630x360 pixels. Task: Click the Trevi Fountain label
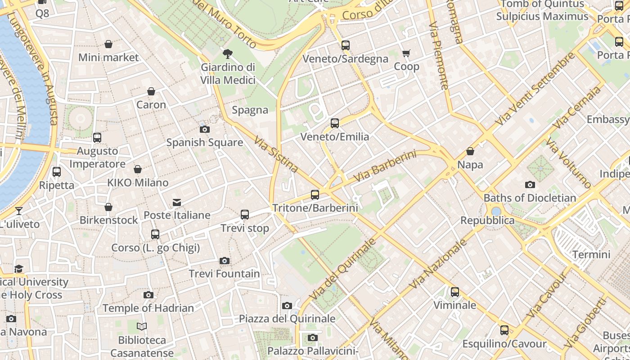pos(224,274)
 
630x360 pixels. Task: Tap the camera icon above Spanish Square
pos(204,130)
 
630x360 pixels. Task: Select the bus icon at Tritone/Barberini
pos(315,195)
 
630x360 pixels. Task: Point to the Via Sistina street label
pos(276,155)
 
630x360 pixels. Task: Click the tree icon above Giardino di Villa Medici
pos(228,54)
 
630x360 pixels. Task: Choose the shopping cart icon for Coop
pos(406,54)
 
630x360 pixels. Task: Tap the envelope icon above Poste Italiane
pos(177,202)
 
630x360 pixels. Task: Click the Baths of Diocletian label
pos(530,198)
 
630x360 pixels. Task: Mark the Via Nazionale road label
pos(439,264)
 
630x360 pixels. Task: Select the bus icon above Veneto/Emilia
pos(334,123)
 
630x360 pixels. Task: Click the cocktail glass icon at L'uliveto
pos(18,211)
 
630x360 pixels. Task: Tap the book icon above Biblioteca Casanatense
pos(142,327)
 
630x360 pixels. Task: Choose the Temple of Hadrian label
pos(148,308)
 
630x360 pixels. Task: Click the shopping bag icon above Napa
pos(470,151)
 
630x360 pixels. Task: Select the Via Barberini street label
pos(384,167)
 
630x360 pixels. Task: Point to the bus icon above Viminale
pos(455,292)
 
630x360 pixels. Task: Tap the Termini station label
pos(591,255)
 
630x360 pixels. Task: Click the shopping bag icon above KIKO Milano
pos(138,169)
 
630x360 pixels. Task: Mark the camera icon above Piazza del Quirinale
pos(287,306)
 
